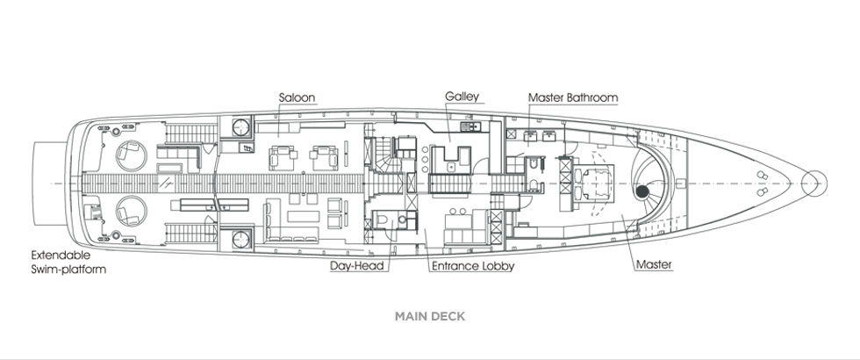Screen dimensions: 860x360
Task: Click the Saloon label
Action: pyautogui.click(x=297, y=97)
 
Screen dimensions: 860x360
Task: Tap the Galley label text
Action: pyautogui.click(x=462, y=96)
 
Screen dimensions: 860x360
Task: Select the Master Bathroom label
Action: pyautogui.click(x=573, y=97)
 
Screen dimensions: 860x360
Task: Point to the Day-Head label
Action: pyautogui.click(x=359, y=266)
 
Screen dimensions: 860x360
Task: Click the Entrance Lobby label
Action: pyautogui.click(x=473, y=266)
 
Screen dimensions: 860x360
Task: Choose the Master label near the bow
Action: pyautogui.click(x=654, y=264)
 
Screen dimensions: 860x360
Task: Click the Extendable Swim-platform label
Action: pyautogui.click(x=68, y=263)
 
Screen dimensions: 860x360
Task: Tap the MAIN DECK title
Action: pyautogui.click(x=430, y=316)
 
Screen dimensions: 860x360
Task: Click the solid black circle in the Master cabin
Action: pyautogui.click(x=641, y=191)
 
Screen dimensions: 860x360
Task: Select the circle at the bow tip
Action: pyautogui.click(x=814, y=183)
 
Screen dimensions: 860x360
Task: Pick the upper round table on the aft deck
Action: pyautogui.click(x=132, y=155)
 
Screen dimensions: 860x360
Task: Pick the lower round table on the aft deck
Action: pyautogui.click(x=132, y=211)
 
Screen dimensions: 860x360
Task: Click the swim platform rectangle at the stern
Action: pyautogui.click(x=49, y=184)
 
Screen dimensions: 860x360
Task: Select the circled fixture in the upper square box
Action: pyautogui.click(x=240, y=127)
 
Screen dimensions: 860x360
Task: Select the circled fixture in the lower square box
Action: pyautogui.click(x=240, y=239)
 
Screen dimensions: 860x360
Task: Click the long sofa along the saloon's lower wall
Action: pyautogui.click(x=291, y=238)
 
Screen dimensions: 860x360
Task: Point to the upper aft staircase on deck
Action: pyautogui.click(x=191, y=133)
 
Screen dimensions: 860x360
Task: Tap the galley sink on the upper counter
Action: pyautogui.click(x=471, y=126)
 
